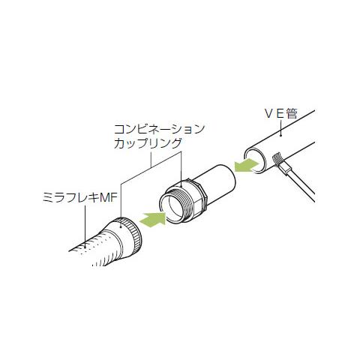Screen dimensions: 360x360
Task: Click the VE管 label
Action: [280, 114]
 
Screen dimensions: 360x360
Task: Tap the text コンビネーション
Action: [159, 129]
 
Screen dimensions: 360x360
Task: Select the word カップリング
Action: [148, 143]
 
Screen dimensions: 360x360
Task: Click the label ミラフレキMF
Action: [79, 198]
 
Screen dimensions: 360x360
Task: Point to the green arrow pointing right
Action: [153, 219]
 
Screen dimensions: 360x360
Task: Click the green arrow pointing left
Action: [246, 166]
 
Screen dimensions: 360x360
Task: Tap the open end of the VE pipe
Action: [256, 160]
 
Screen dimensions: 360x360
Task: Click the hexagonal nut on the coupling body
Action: [198, 193]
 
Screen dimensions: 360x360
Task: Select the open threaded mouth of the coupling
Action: [174, 206]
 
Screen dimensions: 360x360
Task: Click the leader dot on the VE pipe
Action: [281, 136]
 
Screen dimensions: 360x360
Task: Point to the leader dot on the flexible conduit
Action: [85, 247]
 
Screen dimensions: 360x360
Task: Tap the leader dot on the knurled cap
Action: [121, 227]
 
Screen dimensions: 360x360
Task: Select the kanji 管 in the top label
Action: [292, 114]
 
